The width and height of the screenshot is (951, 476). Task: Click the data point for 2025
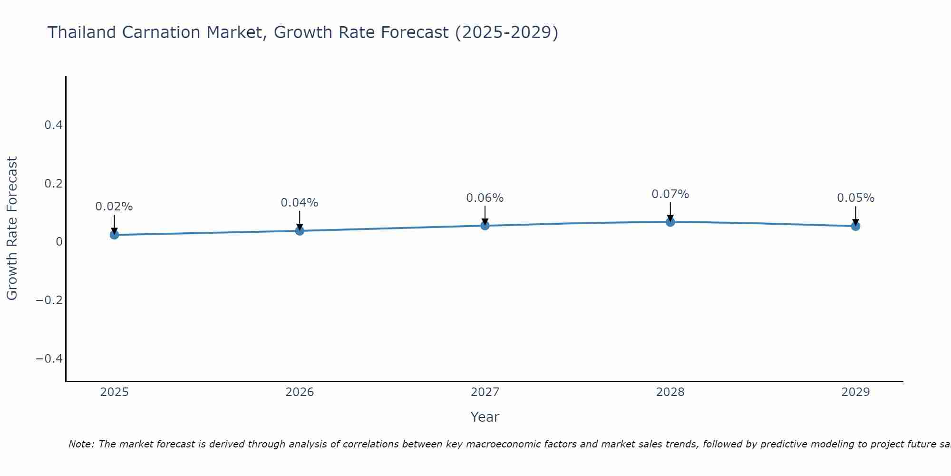114,235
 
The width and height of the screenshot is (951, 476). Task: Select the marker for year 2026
300,231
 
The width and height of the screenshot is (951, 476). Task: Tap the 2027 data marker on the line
485,226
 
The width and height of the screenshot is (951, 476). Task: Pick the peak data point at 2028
670,222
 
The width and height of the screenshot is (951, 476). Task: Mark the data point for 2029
855,226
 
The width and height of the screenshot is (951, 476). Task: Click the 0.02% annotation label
114,207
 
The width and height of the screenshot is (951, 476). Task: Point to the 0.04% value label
300,203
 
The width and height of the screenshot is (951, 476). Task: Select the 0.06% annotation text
485,198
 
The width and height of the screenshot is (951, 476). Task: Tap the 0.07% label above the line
670,194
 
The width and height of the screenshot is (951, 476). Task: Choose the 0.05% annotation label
855,198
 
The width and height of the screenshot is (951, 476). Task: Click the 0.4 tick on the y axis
53,125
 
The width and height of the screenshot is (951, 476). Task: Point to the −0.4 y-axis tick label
49,358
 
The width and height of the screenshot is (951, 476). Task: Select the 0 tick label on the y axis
59,242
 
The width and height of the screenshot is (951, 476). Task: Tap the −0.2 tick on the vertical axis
49,300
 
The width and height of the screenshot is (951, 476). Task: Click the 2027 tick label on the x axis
485,392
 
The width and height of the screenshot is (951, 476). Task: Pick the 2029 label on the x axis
855,392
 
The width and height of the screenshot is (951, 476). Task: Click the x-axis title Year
485,417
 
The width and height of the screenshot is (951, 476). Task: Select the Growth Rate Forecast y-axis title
12,228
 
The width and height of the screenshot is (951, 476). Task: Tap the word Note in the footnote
81,444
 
